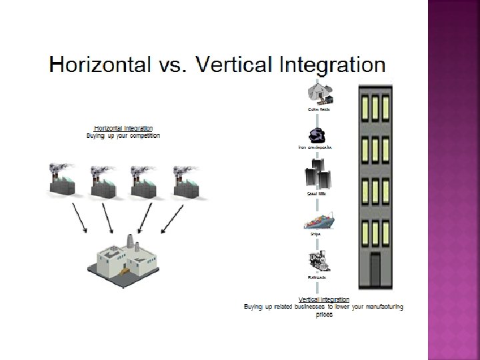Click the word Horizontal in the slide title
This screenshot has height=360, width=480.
tap(97, 65)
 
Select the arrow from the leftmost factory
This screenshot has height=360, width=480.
tap(79, 219)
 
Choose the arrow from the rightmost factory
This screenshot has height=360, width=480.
tap(172, 219)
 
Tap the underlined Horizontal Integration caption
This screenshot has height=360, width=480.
tap(124, 128)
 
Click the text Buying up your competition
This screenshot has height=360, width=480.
tap(123, 135)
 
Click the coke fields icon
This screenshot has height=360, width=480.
tap(318, 94)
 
